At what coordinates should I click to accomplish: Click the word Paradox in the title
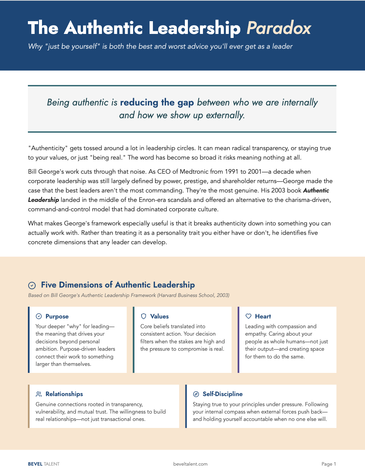(x=279, y=28)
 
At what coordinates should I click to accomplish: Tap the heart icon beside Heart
(x=248, y=316)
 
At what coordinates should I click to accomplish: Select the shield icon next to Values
(x=144, y=316)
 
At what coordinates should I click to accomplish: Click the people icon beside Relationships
(x=39, y=394)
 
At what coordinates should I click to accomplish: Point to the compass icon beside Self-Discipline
(x=196, y=394)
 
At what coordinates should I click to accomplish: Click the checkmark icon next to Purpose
(x=39, y=316)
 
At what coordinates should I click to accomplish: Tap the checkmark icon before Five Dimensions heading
(x=32, y=286)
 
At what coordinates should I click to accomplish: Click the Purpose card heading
(x=57, y=316)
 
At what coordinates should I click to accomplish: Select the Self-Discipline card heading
(x=222, y=394)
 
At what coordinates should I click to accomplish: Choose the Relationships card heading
(x=64, y=394)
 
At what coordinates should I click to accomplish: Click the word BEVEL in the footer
(x=35, y=464)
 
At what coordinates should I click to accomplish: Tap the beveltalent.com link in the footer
(x=190, y=464)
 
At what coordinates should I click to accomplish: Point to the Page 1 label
(x=328, y=464)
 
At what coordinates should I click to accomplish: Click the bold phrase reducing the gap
(x=157, y=102)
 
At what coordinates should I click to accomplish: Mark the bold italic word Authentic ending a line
(x=316, y=190)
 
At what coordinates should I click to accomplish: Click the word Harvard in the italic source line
(x=168, y=295)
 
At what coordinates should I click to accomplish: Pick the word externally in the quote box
(x=225, y=115)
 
